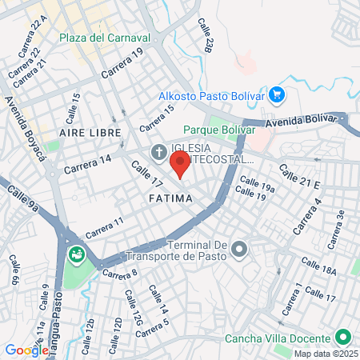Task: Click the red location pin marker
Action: pos(180,165)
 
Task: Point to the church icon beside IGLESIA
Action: pos(158,152)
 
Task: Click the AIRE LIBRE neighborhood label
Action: pos(90,131)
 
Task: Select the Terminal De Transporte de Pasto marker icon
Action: pos(238,251)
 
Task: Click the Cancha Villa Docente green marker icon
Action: pos(343,337)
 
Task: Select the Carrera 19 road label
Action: pos(120,63)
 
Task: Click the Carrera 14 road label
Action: pos(88,164)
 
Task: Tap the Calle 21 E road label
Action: pos(299,178)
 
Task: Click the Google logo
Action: pos(26,350)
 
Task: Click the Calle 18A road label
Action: pos(318,266)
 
